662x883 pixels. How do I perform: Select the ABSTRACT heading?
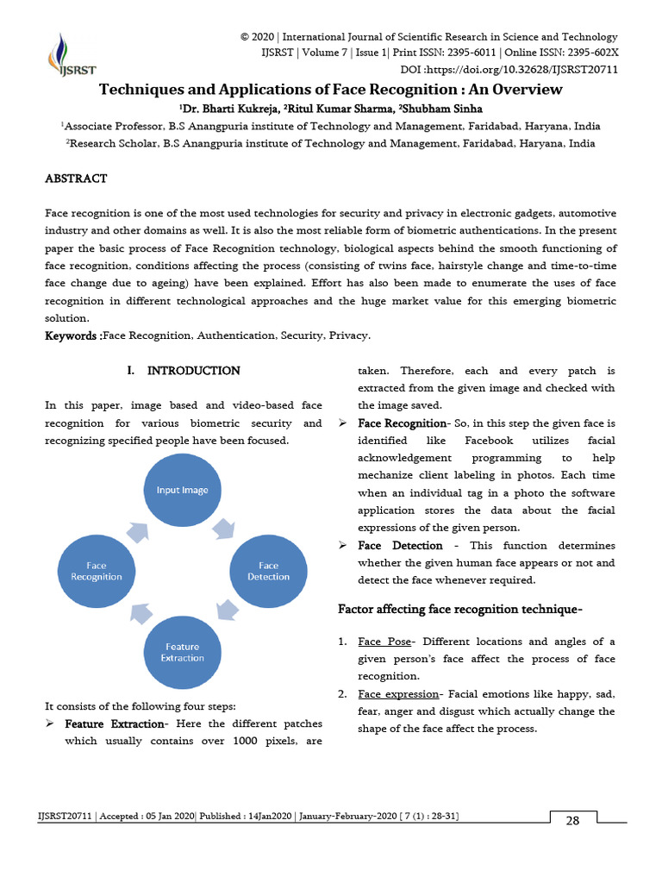[x=76, y=178]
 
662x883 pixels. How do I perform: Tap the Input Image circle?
[x=182, y=490]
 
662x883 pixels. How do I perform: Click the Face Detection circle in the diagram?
[x=268, y=571]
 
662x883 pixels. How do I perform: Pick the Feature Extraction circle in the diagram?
[x=182, y=652]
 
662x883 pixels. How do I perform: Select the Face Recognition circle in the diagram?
[x=96, y=571]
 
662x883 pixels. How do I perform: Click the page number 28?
[x=572, y=820]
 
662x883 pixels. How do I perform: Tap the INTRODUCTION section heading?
[x=193, y=371]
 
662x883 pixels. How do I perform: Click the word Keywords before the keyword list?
[x=71, y=335]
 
